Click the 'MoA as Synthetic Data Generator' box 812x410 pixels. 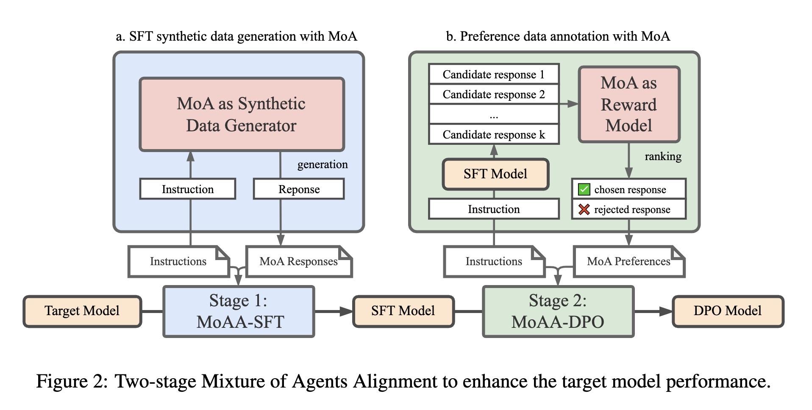click(x=242, y=114)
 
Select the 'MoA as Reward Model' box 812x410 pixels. click(x=629, y=104)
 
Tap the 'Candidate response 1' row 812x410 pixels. click(x=494, y=75)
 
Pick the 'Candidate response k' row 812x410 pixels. click(x=494, y=135)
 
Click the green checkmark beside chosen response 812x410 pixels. click(x=584, y=189)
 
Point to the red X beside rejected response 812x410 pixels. click(x=584, y=209)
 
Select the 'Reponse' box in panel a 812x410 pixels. click(x=299, y=189)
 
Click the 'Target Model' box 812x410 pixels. click(x=82, y=311)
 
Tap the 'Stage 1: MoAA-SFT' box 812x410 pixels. click(x=239, y=311)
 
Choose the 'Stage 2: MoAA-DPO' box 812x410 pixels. click(x=558, y=311)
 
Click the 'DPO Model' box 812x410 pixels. click(x=728, y=311)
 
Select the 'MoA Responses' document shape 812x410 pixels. click(x=299, y=261)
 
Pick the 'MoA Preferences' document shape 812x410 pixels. click(x=629, y=261)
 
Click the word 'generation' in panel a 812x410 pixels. click(x=323, y=164)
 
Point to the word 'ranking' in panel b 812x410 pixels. click(x=663, y=156)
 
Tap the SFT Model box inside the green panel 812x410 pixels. click(x=495, y=174)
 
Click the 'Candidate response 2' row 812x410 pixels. click(x=494, y=94)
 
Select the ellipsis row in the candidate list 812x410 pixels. click(x=494, y=115)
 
